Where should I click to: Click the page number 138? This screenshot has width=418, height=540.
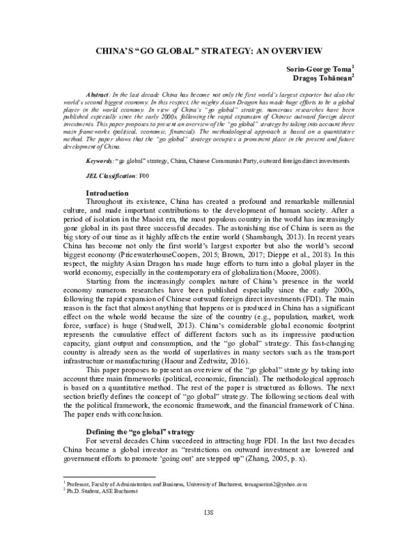(208, 513)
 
